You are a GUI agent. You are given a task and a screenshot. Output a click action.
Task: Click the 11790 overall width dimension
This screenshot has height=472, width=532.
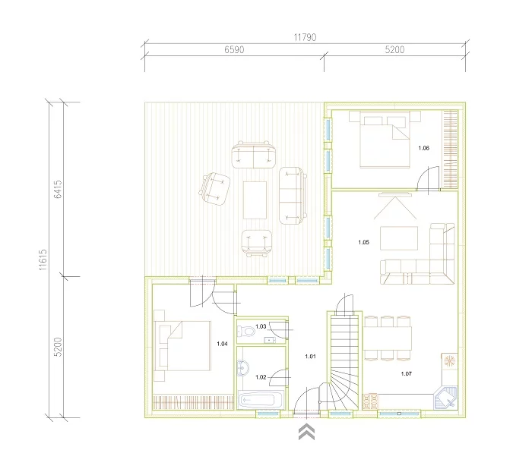(305, 37)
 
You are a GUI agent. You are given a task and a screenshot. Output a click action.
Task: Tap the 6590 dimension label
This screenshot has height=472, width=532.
(234, 50)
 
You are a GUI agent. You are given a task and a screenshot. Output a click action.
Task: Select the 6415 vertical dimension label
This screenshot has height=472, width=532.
(58, 189)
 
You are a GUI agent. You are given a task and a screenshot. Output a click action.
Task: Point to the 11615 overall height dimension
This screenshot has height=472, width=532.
(43, 260)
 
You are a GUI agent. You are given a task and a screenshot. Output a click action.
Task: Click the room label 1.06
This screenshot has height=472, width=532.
(424, 148)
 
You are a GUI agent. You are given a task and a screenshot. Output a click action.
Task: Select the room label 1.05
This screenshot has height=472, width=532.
(364, 242)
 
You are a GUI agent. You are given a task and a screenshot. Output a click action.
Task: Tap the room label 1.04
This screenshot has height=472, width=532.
(222, 344)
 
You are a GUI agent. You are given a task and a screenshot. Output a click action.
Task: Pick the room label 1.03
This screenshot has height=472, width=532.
(261, 326)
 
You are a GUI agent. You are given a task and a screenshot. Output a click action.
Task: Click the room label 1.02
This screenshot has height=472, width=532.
(261, 377)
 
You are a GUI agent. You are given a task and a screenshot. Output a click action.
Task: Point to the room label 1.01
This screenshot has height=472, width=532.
(310, 357)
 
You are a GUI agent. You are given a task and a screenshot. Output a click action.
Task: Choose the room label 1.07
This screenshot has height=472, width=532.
(407, 374)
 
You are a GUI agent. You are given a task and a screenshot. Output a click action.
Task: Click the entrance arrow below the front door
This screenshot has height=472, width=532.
(307, 432)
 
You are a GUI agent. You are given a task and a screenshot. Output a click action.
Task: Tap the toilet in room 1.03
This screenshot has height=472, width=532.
(246, 331)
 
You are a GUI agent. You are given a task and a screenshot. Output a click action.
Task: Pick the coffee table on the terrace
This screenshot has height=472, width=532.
(255, 200)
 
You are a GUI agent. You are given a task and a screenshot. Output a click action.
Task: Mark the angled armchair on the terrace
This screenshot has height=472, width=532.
(214, 189)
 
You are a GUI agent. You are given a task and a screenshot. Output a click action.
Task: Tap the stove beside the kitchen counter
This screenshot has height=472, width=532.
(370, 402)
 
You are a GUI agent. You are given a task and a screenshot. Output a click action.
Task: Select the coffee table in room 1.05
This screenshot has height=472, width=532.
(399, 238)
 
